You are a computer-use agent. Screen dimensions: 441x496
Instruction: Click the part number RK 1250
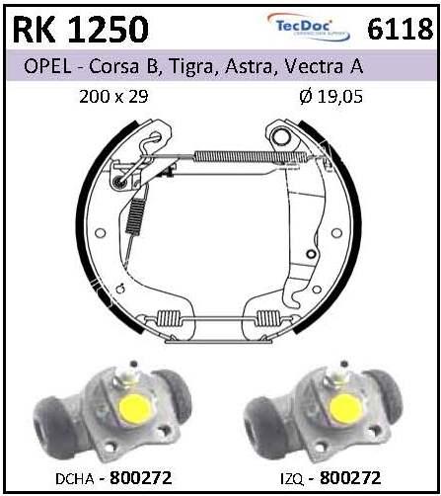click(81, 30)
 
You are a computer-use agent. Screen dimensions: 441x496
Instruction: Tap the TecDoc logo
click(308, 27)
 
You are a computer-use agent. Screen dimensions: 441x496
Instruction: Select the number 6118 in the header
click(400, 30)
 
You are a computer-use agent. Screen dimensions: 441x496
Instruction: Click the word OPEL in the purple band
click(47, 66)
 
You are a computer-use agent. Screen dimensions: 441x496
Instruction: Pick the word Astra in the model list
click(250, 66)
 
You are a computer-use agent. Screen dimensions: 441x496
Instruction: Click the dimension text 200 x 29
click(113, 97)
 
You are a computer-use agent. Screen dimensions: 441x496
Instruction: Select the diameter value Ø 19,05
click(331, 97)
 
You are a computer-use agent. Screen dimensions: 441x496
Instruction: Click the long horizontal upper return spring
click(250, 156)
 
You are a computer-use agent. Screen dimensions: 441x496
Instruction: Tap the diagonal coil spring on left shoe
click(135, 215)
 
